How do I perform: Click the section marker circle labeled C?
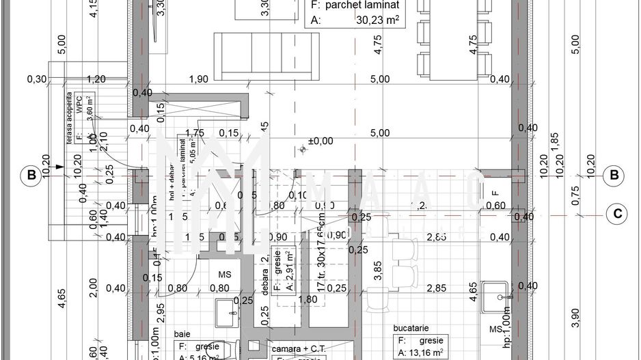(x=617, y=213)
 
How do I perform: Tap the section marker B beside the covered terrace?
(x=31, y=176)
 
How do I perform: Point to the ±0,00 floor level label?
(x=320, y=141)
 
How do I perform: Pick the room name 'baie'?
(x=182, y=335)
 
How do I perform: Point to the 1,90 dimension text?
(x=197, y=79)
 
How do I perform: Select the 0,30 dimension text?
(x=37, y=79)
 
